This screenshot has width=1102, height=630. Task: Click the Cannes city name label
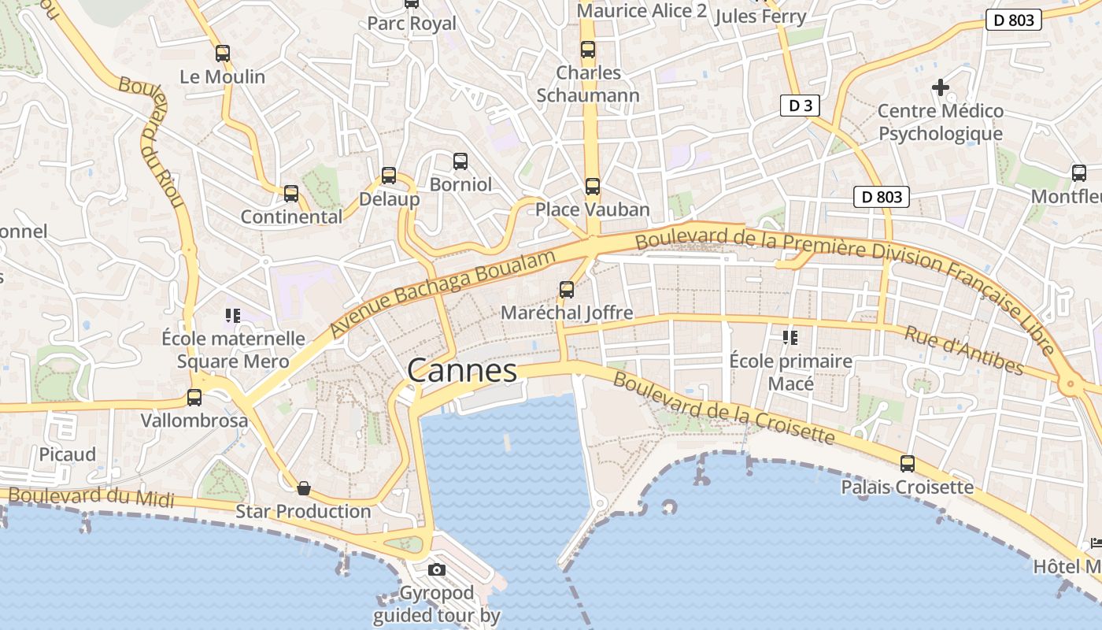(462, 370)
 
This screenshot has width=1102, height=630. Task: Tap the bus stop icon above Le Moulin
(223, 54)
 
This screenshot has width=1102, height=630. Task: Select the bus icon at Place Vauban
(593, 187)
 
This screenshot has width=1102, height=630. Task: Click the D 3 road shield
(800, 106)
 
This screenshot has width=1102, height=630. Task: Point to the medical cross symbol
(941, 87)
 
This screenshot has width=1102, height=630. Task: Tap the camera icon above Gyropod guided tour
(437, 569)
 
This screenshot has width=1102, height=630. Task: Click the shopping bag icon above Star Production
(304, 488)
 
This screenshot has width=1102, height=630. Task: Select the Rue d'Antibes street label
(964, 350)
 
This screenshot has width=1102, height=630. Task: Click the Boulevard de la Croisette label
(723, 408)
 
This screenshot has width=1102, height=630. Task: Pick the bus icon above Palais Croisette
(908, 464)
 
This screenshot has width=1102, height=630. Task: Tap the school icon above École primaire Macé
(790, 338)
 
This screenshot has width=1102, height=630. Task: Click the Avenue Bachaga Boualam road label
(445, 291)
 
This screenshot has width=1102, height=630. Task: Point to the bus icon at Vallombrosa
(194, 398)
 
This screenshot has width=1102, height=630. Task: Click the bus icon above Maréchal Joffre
(567, 290)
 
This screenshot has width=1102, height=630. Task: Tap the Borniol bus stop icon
(460, 161)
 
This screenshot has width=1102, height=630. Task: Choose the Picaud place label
(68, 454)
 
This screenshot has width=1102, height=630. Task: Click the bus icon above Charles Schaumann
(588, 50)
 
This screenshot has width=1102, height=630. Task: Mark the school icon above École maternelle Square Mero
(232, 316)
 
